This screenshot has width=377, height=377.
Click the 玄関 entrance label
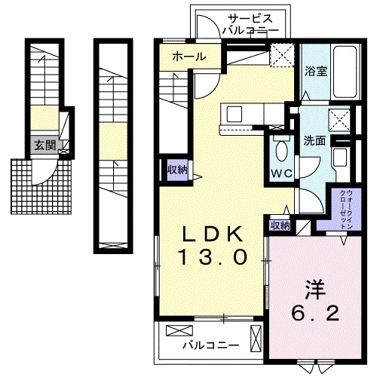[x=44, y=146]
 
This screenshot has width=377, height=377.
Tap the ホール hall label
[x=189, y=57]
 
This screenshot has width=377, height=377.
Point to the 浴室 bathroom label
[x=316, y=71]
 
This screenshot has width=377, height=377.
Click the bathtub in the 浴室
[x=346, y=72]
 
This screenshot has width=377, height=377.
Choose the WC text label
[x=282, y=173]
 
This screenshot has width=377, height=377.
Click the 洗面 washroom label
[x=314, y=141]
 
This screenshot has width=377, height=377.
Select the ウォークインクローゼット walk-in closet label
[x=346, y=209]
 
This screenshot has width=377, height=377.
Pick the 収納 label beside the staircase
[x=177, y=170]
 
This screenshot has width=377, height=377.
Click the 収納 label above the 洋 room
[x=280, y=225]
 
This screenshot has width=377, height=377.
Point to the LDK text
[x=213, y=234]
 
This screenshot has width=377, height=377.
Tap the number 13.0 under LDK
[x=213, y=257]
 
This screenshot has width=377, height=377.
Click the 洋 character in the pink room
[x=315, y=290]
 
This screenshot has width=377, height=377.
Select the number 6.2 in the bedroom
[x=315, y=313]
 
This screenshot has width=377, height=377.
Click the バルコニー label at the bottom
[x=210, y=345]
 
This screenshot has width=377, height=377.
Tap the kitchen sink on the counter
[x=234, y=114]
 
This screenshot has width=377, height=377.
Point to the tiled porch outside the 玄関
[x=41, y=186]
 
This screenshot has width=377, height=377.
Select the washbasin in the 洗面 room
[x=340, y=157]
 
